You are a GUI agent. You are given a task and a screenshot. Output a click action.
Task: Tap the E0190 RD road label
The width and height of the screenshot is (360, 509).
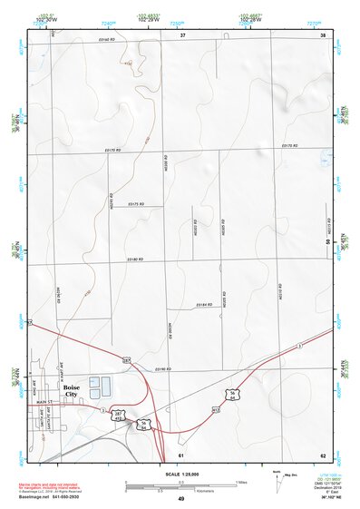coord(163,369)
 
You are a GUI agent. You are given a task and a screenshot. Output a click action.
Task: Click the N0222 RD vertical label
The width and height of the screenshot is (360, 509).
coord(196,230)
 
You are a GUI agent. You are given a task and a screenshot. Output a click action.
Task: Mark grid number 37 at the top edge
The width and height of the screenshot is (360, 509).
coord(182,34)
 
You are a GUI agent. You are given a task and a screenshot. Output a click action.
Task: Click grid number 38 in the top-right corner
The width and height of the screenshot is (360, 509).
coord(322,34)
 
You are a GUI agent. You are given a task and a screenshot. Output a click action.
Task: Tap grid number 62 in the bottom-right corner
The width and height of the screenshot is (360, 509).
coord(322,454)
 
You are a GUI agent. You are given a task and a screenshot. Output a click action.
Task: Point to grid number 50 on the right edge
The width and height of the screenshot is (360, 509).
coord(328,242)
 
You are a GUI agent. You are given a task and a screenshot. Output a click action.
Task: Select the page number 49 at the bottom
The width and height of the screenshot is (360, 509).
coord(180,500)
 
